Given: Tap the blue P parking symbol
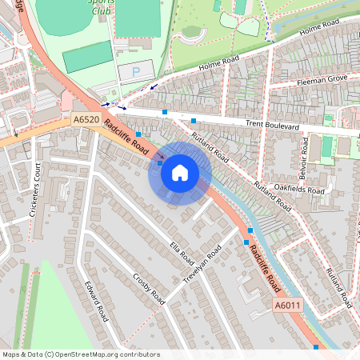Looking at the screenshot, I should (x=135, y=72).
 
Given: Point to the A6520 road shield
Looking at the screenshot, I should (x=86, y=120).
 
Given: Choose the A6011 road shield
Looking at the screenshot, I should (x=287, y=306).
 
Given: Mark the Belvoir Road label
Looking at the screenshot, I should (x=305, y=156).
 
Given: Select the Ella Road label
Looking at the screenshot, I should (x=182, y=254).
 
